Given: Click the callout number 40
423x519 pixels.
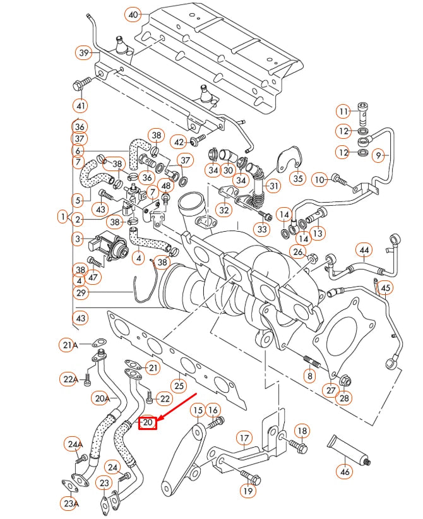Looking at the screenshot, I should (133, 14).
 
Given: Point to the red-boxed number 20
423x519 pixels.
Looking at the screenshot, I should (148, 422).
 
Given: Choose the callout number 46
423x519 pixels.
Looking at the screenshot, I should (344, 471).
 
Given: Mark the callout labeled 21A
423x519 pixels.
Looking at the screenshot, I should (69, 345).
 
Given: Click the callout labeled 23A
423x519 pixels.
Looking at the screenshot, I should (71, 503).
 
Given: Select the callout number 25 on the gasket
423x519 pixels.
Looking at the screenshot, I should (180, 385).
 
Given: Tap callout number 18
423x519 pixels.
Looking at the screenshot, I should (302, 431).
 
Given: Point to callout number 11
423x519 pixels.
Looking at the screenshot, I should (343, 112).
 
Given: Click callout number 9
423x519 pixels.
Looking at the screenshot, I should (379, 155).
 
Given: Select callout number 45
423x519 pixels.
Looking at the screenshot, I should (386, 288).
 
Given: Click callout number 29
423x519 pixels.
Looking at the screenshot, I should (80, 293).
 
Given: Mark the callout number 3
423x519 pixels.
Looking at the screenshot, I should (77, 239).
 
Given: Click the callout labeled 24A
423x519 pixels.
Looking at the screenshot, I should (75, 444).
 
